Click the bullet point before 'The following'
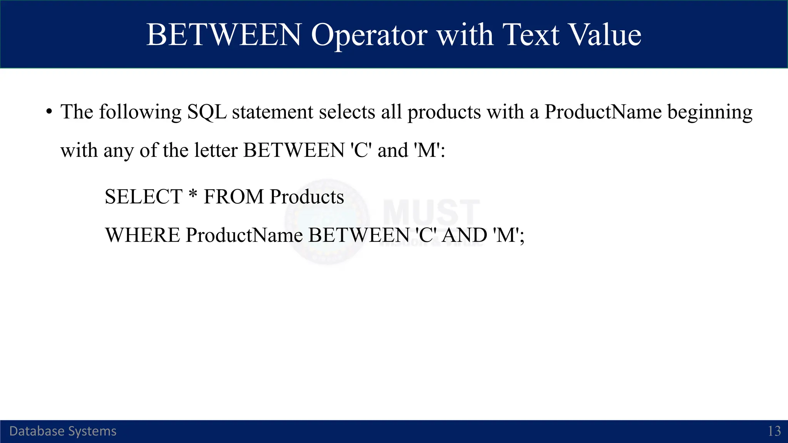[x=49, y=112]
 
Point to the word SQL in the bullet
[x=207, y=112]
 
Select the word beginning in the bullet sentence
[x=710, y=112]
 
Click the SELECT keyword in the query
[x=144, y=197]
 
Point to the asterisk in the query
[x=193, y=194]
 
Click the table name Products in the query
[x=307, y=197]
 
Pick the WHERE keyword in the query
[x=142, y=235]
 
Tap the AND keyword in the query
[x=464, y=235]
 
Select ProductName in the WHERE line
[x=244, y=235]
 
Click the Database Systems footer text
[x=63, y=431]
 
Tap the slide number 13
[x=774, y=431]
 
